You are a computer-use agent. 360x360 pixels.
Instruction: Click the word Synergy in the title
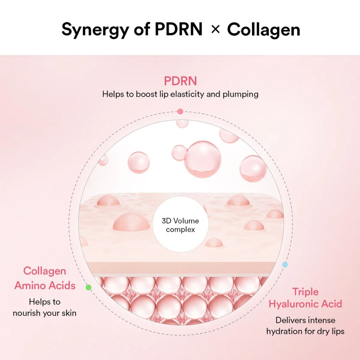tap(95, 30)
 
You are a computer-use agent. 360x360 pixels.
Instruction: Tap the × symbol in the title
tap(215, 30)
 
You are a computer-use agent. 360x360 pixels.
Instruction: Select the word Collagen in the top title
tap(263, 30)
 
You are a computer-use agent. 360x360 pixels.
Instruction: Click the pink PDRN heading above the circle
tap(180, 81)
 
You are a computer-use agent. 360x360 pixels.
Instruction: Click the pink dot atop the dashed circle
tap(180, 111)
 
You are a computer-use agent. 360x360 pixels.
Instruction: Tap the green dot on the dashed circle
tap(88, 287)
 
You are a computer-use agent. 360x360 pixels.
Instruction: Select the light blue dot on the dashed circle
tap(285, 265)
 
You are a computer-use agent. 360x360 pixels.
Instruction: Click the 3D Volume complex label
tap(180, 225)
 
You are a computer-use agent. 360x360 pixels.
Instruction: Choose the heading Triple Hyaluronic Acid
tap(305, 298)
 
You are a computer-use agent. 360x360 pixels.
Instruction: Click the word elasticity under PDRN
tap(187, 94)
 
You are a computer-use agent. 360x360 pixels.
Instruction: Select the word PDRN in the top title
tap(178, 30)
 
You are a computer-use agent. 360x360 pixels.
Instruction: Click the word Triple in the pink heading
tap(305, 292)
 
